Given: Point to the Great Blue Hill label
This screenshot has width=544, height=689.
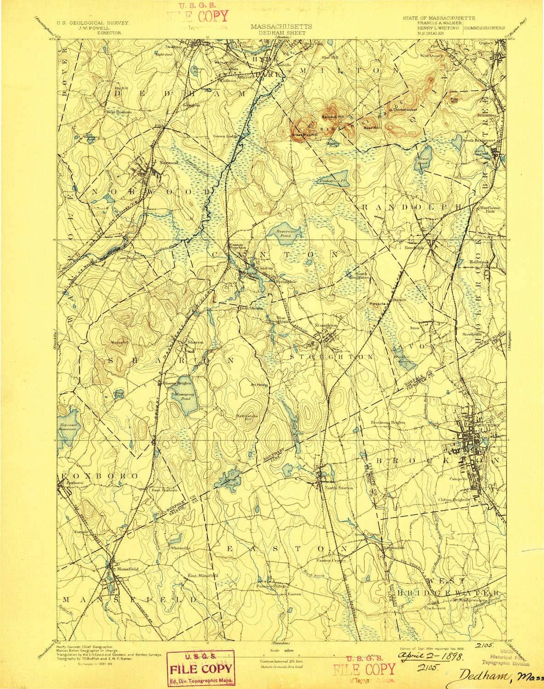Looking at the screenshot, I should coord(303,135).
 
